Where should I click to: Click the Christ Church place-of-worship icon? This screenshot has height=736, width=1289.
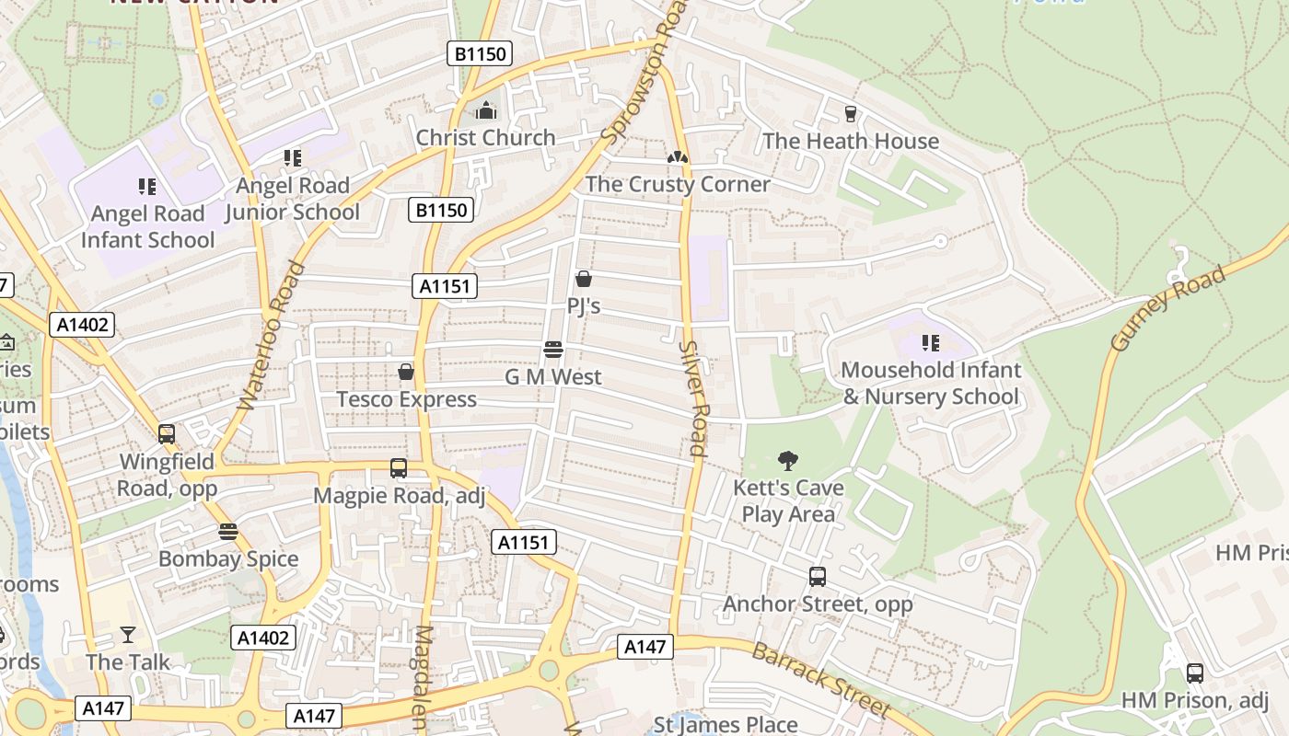[x=485, y=111]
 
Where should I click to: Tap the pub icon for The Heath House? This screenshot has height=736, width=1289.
[x=851, y=114]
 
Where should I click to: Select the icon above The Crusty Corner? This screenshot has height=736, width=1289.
[x=678, y=157]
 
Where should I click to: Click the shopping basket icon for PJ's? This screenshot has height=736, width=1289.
[x=583, y=279]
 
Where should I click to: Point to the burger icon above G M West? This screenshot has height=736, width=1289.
[x=553, y=350]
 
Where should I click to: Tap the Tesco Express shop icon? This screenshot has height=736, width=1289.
[x=405, y=372]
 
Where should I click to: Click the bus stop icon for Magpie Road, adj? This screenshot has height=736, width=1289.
[x=399, y=468]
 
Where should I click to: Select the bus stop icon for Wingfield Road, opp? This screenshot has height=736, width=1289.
[x=167, y=433]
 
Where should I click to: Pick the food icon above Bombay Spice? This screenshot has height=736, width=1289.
[x=228, y=532]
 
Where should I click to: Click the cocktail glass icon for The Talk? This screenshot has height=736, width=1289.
[x=128, y=635]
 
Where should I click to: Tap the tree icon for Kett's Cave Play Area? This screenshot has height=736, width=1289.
[x=787, y=460]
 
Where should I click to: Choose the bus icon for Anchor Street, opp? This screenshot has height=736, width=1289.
[x=818, y=577]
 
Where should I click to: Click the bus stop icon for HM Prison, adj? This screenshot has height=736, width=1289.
[x=1194, y=673]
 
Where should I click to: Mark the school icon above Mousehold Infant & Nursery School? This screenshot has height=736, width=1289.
[x=931, y=343]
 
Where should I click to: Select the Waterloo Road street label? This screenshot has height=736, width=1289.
[x=271, y=336]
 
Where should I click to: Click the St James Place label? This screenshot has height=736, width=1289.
[x=726, y=724]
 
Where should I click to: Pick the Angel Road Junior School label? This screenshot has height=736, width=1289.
[x=293, y=199]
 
